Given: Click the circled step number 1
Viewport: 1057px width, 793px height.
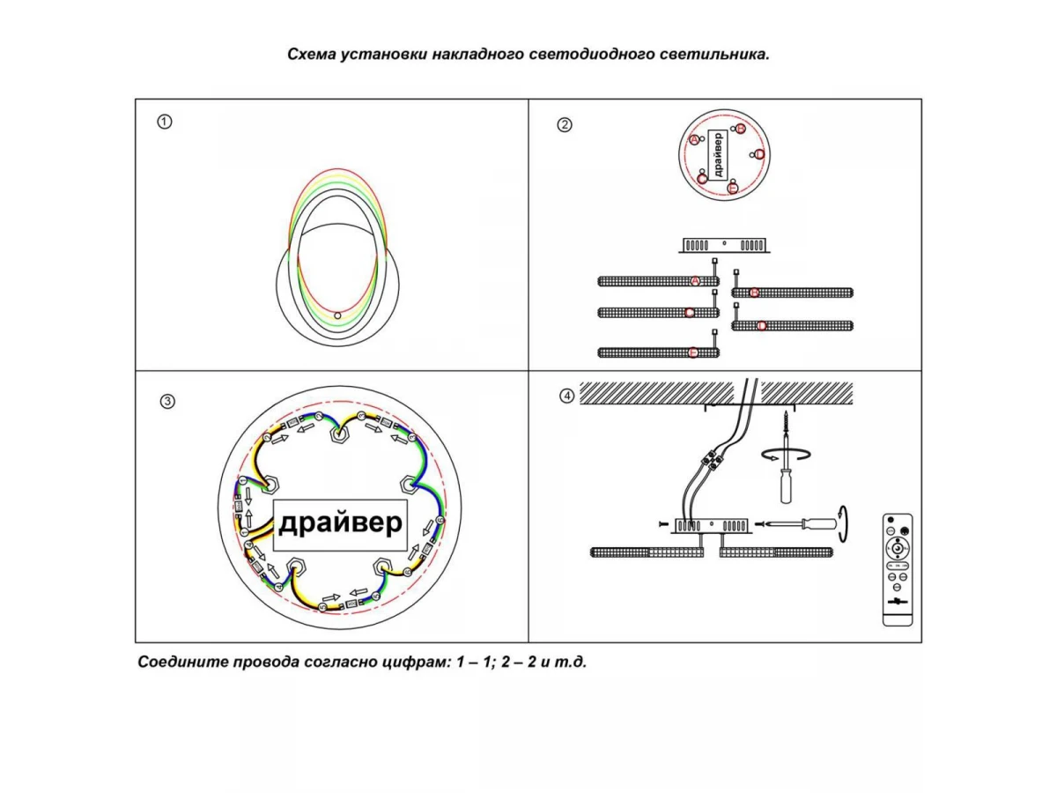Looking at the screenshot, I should [x=164, y=122].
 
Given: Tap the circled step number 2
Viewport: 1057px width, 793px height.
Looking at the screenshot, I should [x=565, y=124].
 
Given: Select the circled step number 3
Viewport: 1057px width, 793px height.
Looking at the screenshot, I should [x=167, y=402].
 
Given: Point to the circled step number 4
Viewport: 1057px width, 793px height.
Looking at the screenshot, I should [x=567, y=396].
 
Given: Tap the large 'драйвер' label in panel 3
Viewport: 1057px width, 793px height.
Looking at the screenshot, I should [x=340, y=523].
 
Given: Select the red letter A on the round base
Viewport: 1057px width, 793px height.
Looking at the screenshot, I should [x=694, y=141].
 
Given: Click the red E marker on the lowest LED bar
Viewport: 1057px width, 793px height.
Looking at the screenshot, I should [x=693, y=352].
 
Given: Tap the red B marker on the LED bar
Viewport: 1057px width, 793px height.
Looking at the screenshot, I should [x=754, y=293].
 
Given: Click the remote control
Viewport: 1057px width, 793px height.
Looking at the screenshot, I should [x=898, y=570].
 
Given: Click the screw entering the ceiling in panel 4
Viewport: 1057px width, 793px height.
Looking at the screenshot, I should [x=781, y=420].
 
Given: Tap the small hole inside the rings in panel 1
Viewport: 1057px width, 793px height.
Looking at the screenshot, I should [x=337, y=315].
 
